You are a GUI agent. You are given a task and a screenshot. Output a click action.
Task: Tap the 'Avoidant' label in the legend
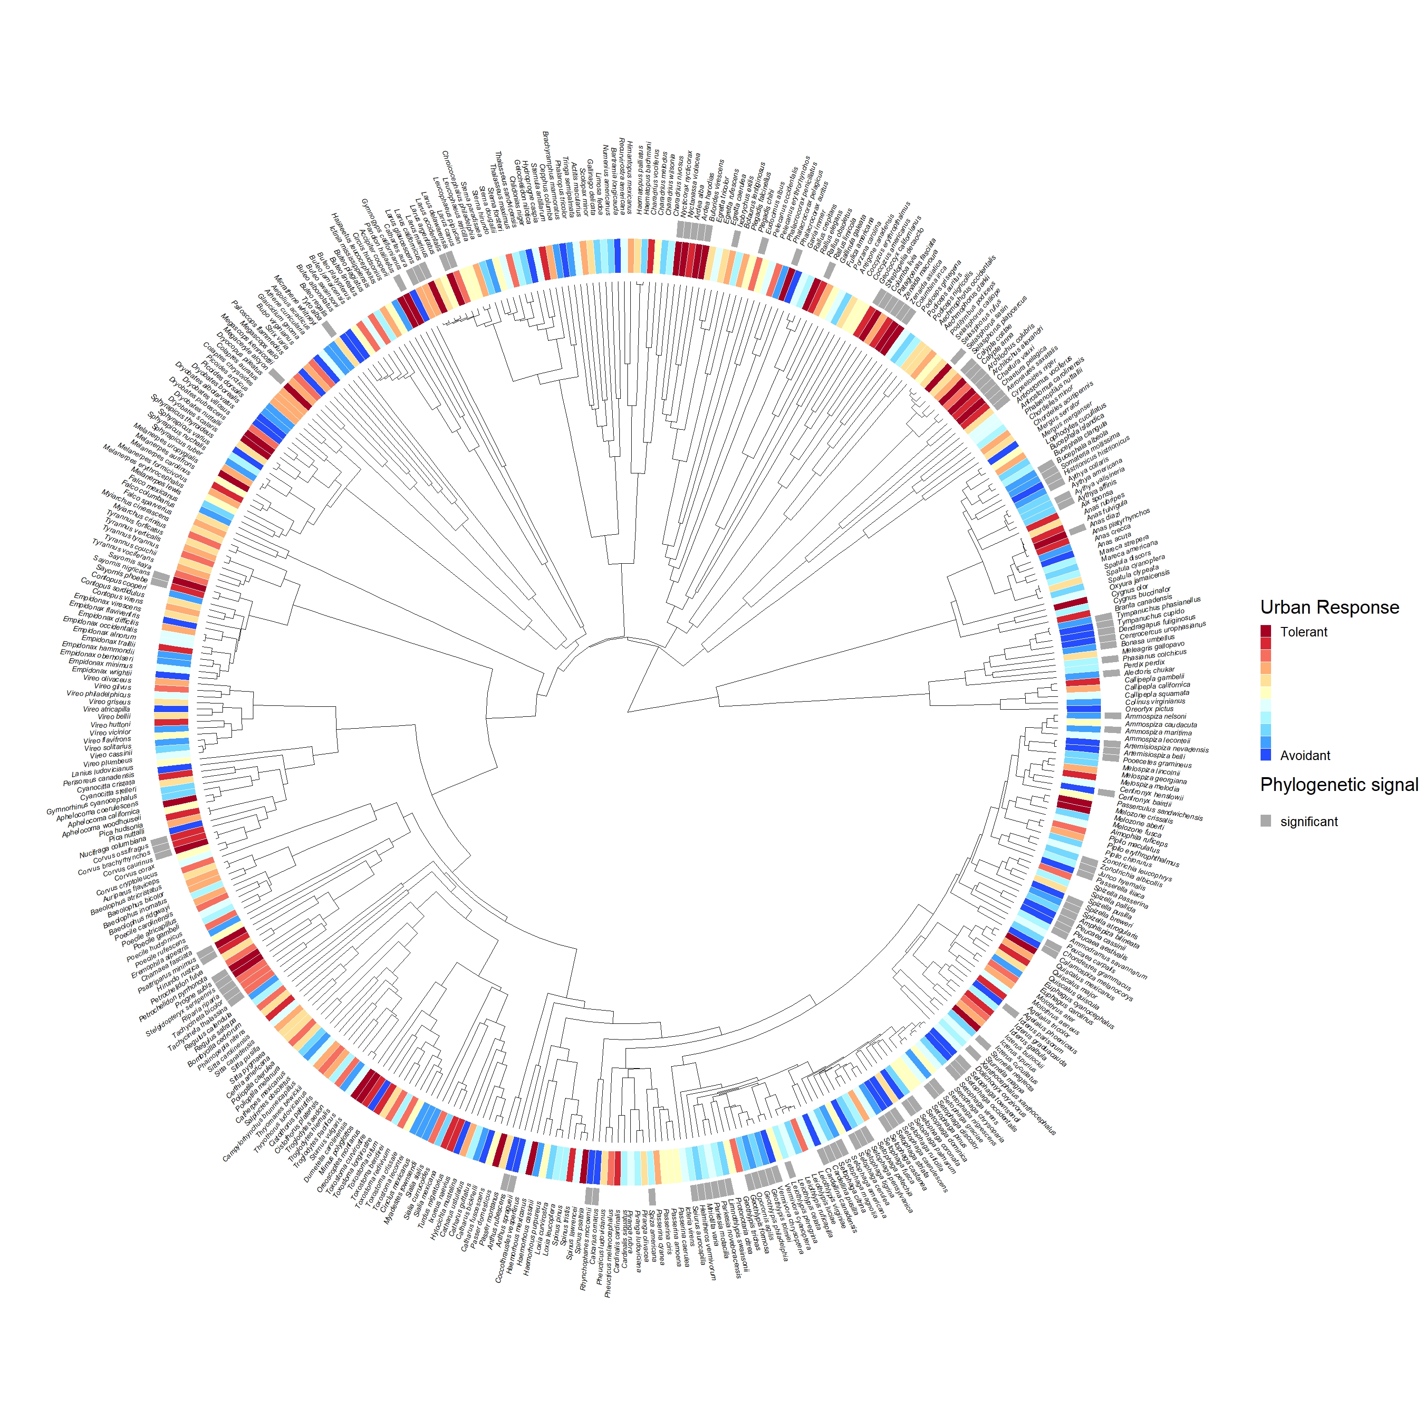[x=1305, y=755]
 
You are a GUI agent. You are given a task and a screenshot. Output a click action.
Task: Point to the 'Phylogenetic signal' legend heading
[x=1339, y=785]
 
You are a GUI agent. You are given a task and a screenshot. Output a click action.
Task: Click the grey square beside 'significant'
[x=1266, y=821]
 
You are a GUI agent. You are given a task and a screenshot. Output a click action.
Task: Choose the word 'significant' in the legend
[x=1309, y=821]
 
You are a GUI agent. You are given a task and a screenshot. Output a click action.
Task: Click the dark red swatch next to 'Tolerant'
[x=1266, y=632]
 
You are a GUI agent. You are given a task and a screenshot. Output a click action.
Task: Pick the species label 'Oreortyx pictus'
[x=1148, y=709]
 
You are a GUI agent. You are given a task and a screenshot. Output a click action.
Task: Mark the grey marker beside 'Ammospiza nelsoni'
[x=1112, y=715]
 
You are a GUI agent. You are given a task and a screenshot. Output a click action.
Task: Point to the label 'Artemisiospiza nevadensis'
[x=1166, y=749]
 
